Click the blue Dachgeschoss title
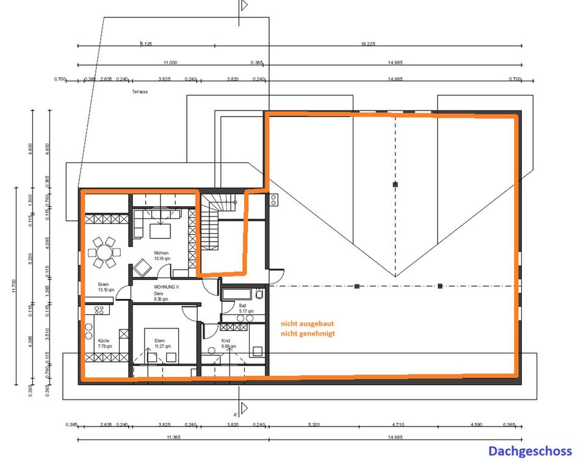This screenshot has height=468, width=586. tap(530, 451)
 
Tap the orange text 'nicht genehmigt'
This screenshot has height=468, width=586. tap(308, 334)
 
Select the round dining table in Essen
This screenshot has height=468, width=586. tap(103, 251)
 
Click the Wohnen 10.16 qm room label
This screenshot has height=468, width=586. tap(162, 256)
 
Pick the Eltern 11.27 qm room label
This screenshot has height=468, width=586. tap(162, 343)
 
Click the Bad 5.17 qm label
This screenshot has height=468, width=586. tap(246, 308)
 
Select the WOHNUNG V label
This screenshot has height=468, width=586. tap(166, 286)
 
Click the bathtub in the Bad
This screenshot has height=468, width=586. tap(238, 295)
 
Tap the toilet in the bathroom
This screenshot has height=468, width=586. tap(259, 295)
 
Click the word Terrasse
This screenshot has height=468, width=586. tap(140, 92)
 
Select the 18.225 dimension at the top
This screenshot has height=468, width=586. tap(367, 44)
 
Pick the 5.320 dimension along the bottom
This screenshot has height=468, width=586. tap(313, 425)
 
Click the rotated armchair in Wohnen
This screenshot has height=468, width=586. tap(142, 267)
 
